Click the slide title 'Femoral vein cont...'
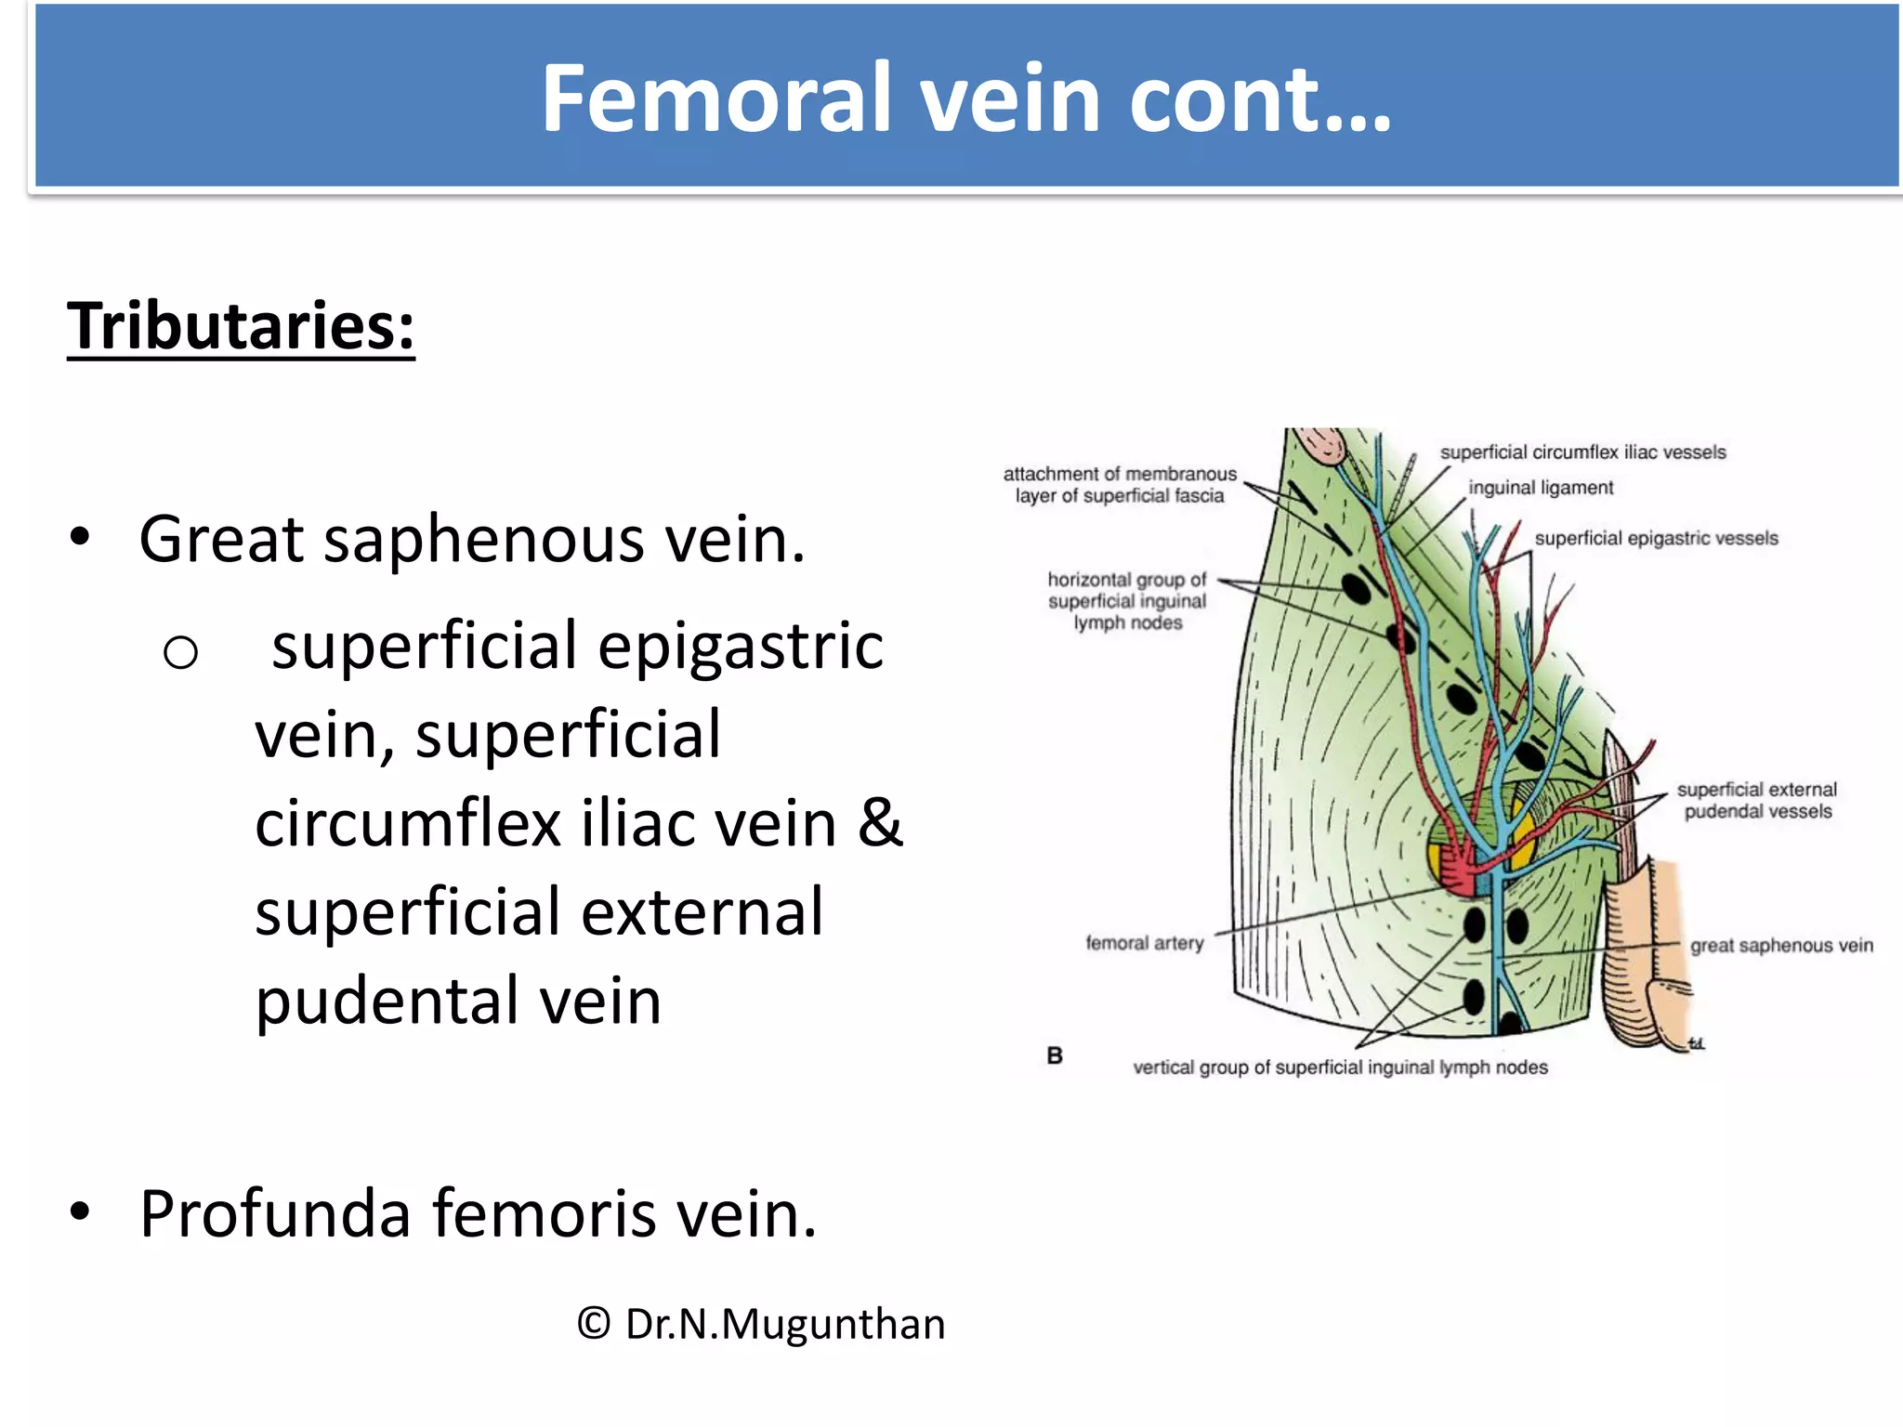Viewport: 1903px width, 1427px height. click(966, 98)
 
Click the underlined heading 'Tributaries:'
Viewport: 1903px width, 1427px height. click(241, 326)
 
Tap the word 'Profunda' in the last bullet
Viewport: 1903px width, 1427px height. click(275, 1213)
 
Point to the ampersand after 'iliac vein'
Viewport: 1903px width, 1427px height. click(879, 823)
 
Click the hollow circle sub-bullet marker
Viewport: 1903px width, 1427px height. click(180, 652)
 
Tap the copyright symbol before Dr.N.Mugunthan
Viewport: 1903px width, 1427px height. click(594, 1323)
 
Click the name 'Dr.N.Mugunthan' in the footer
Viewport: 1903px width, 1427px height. click(785, 1324)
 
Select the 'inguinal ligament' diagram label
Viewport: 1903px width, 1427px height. click(1541, 488)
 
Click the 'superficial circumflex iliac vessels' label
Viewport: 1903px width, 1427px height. click(1582, 452)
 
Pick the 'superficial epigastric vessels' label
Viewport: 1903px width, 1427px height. click(1656, 538)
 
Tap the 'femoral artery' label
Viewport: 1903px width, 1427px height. click(1144, 943)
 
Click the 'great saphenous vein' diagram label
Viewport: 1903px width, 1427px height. click(1781, 946)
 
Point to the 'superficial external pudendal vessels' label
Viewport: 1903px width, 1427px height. click(1757, 800)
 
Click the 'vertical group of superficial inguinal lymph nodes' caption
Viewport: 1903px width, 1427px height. click(1340, 1067)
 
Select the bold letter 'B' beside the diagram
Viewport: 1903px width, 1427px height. click(1055, 1055)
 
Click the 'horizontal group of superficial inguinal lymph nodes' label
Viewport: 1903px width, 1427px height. click(1127, 601)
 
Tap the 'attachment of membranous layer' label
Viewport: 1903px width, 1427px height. click(1120, 484)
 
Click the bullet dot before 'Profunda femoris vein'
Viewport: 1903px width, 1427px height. click(81, 1211)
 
